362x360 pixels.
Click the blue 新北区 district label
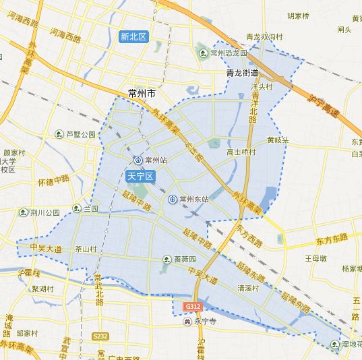[x=133, y=36]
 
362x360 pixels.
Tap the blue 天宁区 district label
[x=140, y=176]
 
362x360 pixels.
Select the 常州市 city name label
[x=142, y=93]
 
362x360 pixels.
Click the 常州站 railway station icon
[x=138, y=160]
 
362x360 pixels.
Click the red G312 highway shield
[x=193, y=307]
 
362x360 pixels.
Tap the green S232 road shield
[x=100, y=336]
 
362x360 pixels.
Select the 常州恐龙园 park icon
[x=203, y=53]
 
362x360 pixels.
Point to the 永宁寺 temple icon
[x=187, y=321]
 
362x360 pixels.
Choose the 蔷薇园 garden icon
[x=167, y=259]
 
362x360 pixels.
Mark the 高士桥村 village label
[x=241, y=152]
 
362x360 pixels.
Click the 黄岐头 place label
[x=277, y=140]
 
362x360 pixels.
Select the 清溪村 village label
[x=249, y=287]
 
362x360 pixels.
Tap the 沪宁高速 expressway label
[x=322, y=105]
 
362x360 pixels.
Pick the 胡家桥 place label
[x=299, y=15]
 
